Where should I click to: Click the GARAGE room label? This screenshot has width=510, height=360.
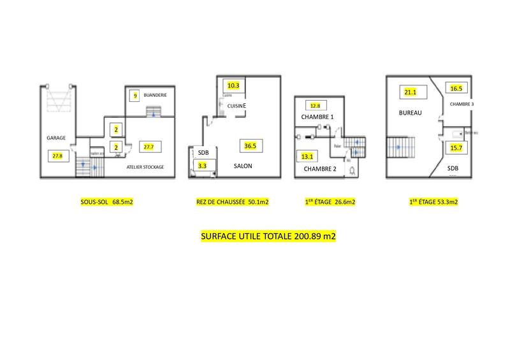coord(56,137)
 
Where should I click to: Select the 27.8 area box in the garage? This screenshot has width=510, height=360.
coord(57,155)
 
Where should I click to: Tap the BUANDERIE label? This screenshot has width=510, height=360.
coord(155,95)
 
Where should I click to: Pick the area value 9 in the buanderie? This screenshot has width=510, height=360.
coord(135,96)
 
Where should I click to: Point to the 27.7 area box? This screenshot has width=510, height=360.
coord(149,147)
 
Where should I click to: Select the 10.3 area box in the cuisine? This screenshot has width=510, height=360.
coord(233,85)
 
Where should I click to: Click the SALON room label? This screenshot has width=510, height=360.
coord(242,166)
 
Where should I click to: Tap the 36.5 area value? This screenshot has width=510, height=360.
coord(250,145)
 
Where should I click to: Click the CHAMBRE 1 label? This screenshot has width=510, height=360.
coord(317,118)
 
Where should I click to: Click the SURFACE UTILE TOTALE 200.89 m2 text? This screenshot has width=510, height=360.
coord(268,236)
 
